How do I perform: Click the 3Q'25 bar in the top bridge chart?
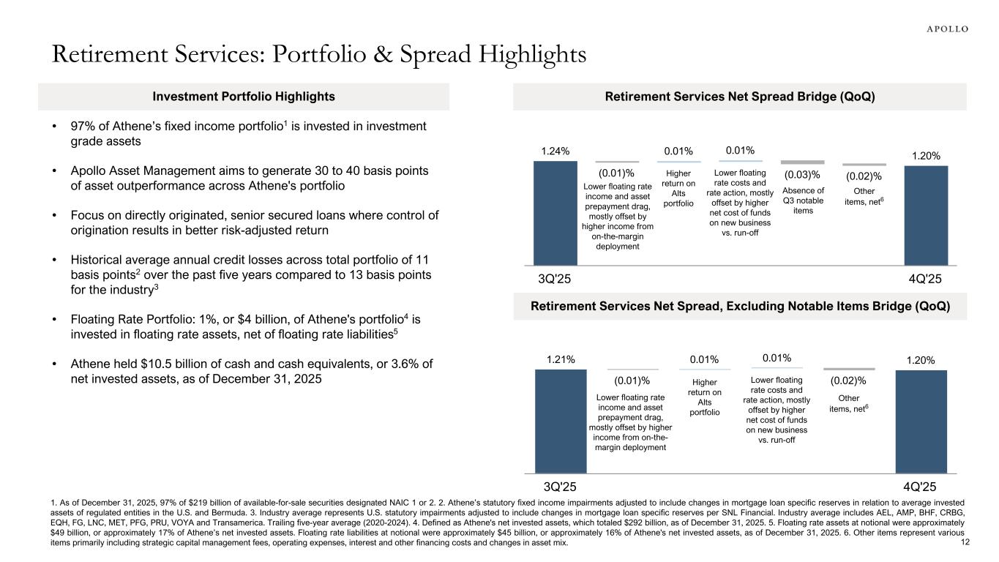[x=555, y=212]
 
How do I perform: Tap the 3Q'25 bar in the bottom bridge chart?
[x=561, y=421]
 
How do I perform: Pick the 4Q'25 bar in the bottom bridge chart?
[x=921, y=421]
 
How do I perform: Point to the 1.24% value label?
[x=555, y=153]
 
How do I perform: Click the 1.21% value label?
[x=561, y=359]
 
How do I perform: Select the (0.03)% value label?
[x=802, y=175]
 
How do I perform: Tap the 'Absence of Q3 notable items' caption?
[x=803, y=201]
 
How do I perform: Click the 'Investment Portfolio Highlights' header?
[x=243, y=97]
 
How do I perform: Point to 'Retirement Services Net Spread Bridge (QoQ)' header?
[x=739, y=97]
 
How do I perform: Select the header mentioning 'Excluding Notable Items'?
[x=739, y=307]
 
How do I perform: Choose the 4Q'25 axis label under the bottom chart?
[x=921, y=486]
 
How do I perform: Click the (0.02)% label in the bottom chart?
[x=849, y=381]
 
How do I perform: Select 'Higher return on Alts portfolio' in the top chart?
[x=678, y=188]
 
